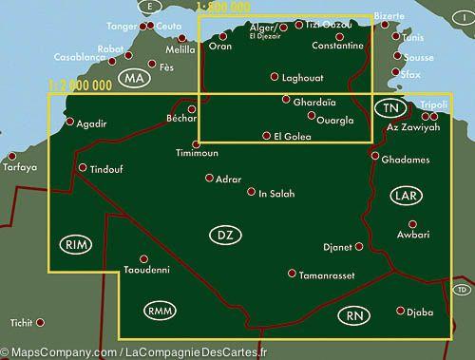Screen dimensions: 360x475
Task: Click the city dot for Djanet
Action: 360,247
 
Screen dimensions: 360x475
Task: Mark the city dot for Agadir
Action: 67,121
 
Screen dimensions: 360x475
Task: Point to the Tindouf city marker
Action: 82,168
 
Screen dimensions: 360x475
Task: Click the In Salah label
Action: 276,194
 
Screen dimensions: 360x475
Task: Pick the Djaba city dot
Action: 401,310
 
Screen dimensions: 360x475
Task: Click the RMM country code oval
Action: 157,310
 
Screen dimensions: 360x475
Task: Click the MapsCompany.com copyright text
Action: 133,352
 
